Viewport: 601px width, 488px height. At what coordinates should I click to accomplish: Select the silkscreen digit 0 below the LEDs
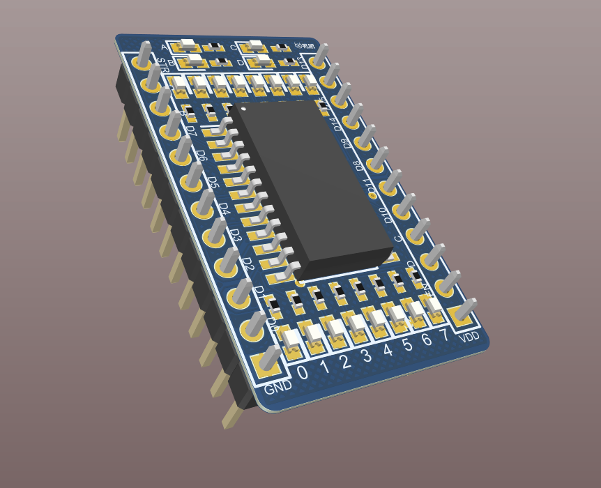point(303,372)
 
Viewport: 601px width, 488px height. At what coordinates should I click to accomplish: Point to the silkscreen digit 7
point(443,336)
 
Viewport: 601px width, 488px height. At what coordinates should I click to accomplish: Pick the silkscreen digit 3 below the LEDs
point(366,356)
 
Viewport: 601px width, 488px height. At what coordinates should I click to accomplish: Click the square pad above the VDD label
point(461,317)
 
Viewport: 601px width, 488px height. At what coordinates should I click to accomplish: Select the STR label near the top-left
point(163,68)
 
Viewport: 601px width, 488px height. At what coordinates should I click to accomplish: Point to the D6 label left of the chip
point(201,156)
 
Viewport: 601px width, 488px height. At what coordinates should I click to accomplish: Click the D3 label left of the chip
point(235,235)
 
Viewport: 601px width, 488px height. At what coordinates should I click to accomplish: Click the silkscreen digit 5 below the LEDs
point(407,346)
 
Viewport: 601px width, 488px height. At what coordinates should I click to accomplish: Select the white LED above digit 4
point(377,317)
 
